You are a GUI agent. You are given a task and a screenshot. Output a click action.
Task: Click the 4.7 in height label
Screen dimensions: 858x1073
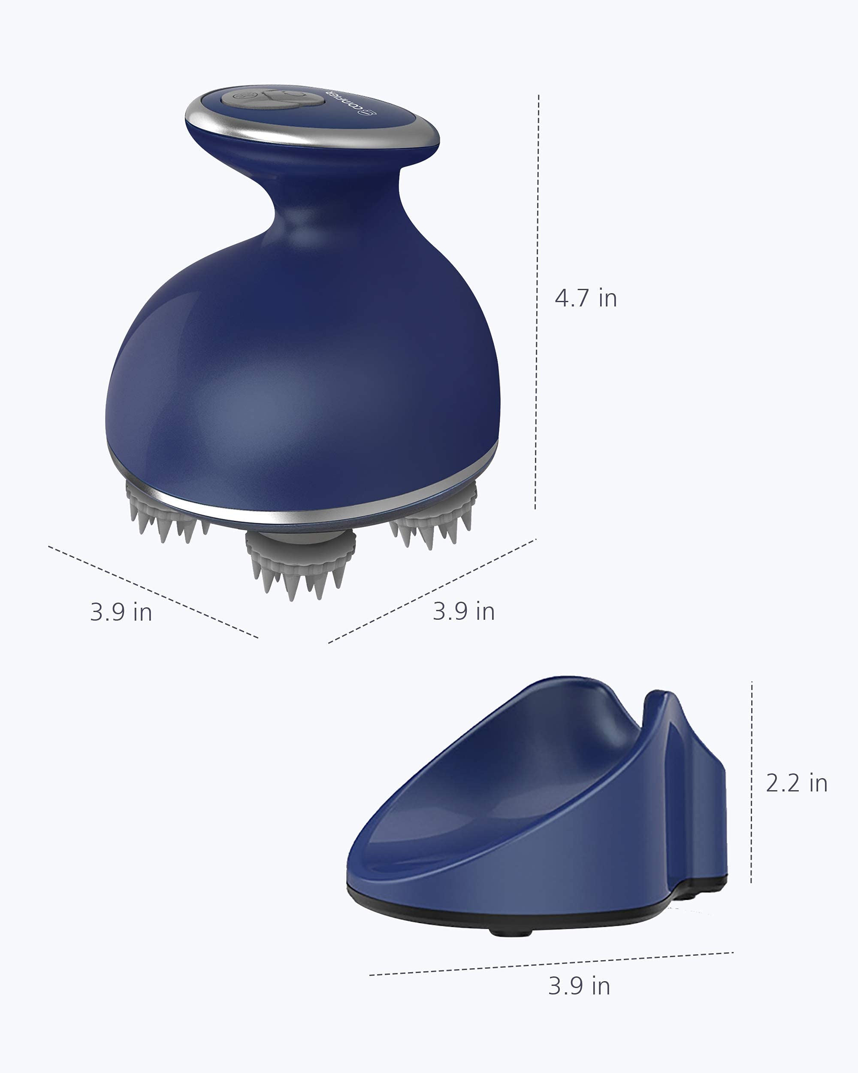[586, 298]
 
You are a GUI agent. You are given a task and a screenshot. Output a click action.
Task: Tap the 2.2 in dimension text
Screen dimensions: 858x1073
[796, 783]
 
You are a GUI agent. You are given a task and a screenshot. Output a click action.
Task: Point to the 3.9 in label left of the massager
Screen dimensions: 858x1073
[121, 612]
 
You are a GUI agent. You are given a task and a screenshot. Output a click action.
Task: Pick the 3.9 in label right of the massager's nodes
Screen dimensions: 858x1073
[464, 611]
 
